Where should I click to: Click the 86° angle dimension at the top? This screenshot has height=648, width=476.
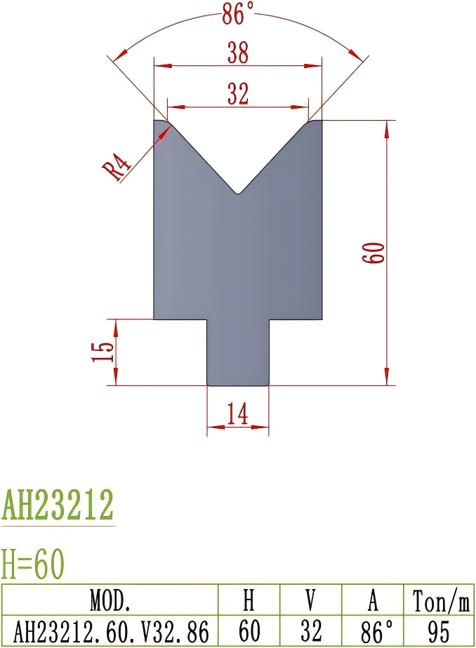click(238, 14)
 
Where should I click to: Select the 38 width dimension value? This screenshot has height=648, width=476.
click(238, 53)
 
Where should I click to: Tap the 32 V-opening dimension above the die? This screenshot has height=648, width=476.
click(238, 94)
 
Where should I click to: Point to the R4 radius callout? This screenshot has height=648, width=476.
click(120, 169)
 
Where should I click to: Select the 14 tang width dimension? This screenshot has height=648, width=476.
click(238, 416)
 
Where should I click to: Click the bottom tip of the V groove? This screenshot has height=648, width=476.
click(239, 193)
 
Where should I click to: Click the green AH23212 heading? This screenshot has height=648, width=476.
click(58, 504)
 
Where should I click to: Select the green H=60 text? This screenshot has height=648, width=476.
click(32, 563)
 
